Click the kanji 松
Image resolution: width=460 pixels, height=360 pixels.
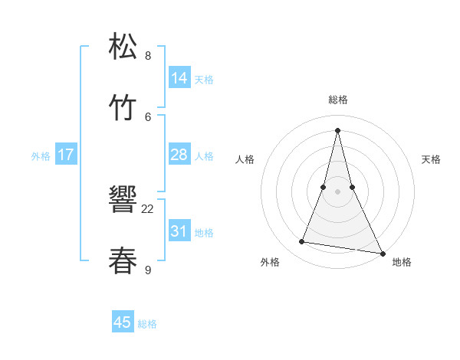tap(124, 47)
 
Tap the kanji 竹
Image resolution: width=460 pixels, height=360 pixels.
tap(124, 108)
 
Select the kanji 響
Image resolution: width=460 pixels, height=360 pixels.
tap(124, 200)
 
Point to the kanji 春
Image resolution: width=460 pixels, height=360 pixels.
tap(124, 260)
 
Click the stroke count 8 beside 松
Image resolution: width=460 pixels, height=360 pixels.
tap(148, 56)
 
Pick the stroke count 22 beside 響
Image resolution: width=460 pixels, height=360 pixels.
tap(148, 208)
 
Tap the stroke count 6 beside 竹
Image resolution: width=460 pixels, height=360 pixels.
tap(148, 116)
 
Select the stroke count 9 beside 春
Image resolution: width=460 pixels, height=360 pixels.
tap(148, 269)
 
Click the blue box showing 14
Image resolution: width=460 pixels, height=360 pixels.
tap(179, 78)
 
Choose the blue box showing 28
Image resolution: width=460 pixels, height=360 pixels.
tap(179, 155)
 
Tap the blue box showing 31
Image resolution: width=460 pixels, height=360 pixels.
tap(179, 231)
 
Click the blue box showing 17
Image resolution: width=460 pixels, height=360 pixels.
tap(66, 155)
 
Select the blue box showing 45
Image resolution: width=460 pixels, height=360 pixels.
tap(123, 322)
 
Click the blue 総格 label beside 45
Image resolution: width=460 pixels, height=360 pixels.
tap(148, 324)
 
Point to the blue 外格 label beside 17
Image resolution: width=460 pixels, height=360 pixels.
tap(41, 156)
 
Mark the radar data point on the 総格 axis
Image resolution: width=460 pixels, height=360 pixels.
tap(337, 129)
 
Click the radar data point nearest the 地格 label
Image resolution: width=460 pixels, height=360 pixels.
tap(382, 251)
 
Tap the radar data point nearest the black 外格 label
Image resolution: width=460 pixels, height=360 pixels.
tap(302, 242)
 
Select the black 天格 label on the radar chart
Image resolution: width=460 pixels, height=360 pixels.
tap(431, 159)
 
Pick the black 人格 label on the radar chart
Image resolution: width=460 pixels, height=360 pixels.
tap(245, 159)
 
